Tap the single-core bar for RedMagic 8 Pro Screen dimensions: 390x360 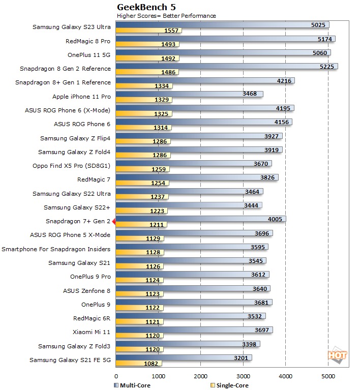click(x=147, y=44)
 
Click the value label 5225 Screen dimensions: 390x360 click(x=325, y=66)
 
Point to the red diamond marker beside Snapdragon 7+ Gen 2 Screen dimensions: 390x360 click(x=114, y=222)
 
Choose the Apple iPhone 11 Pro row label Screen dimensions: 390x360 click(x=81, y=96)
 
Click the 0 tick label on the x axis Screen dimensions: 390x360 click(x=116, y=377)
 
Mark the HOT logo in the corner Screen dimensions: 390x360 click(x=338, y=355)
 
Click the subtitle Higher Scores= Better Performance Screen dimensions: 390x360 click(x=166, y=16)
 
